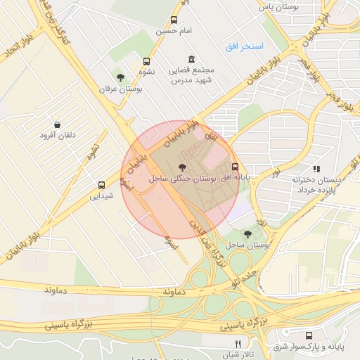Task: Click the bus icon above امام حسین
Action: [174, 20]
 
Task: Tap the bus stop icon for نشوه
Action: [146, 61]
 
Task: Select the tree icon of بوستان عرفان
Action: [121, 77]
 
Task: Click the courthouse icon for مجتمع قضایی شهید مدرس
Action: [191, 60]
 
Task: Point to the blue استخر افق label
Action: [244, 46]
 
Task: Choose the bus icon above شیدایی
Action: [102, 186]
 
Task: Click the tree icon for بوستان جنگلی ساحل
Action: [183, 167]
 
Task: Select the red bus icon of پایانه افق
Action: [235, 167]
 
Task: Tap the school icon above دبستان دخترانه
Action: [316, 169]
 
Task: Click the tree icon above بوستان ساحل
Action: [247, 233]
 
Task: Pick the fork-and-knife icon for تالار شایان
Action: [238, 344]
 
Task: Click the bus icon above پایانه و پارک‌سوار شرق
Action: [310, 335]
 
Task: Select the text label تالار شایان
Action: [237, 355]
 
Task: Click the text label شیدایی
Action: [102, 197]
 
